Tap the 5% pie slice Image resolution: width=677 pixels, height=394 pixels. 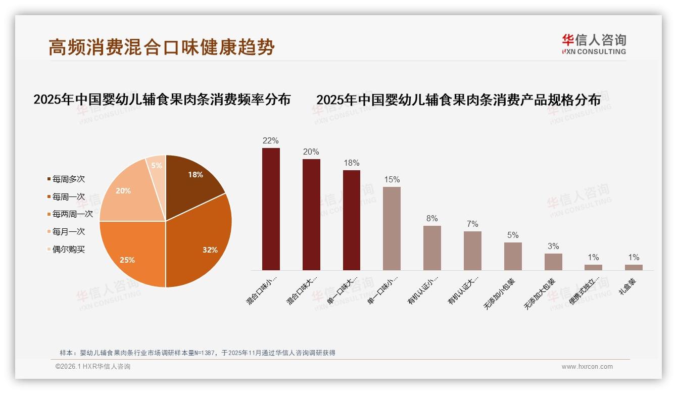[x=157, y=166]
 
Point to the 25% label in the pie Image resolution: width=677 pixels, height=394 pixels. [x=127, y=260]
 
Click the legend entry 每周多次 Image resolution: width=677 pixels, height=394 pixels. [x=68, y=179]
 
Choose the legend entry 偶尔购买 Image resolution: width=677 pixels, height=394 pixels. [x=68, y=250]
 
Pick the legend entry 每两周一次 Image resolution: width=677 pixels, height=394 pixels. [x=72, y=214]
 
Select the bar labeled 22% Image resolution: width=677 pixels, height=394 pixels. [x=271, y=209]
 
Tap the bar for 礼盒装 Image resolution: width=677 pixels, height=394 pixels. [x=634, y=267]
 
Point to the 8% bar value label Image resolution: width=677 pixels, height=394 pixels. [x=432, y=219]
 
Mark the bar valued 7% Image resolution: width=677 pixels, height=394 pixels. [x=472, y=251]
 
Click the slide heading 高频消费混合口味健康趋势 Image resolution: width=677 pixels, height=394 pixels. [x=162, y=47]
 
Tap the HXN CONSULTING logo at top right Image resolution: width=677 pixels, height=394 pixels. [x=594, y=44]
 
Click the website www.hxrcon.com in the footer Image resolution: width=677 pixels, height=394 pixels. [x=587, y=367]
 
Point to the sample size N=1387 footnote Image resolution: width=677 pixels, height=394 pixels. [x=198, y=353]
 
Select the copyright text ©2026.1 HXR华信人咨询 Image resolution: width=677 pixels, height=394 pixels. [x=93, y=367]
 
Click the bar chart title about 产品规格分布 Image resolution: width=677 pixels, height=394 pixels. [x=458, y=100]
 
